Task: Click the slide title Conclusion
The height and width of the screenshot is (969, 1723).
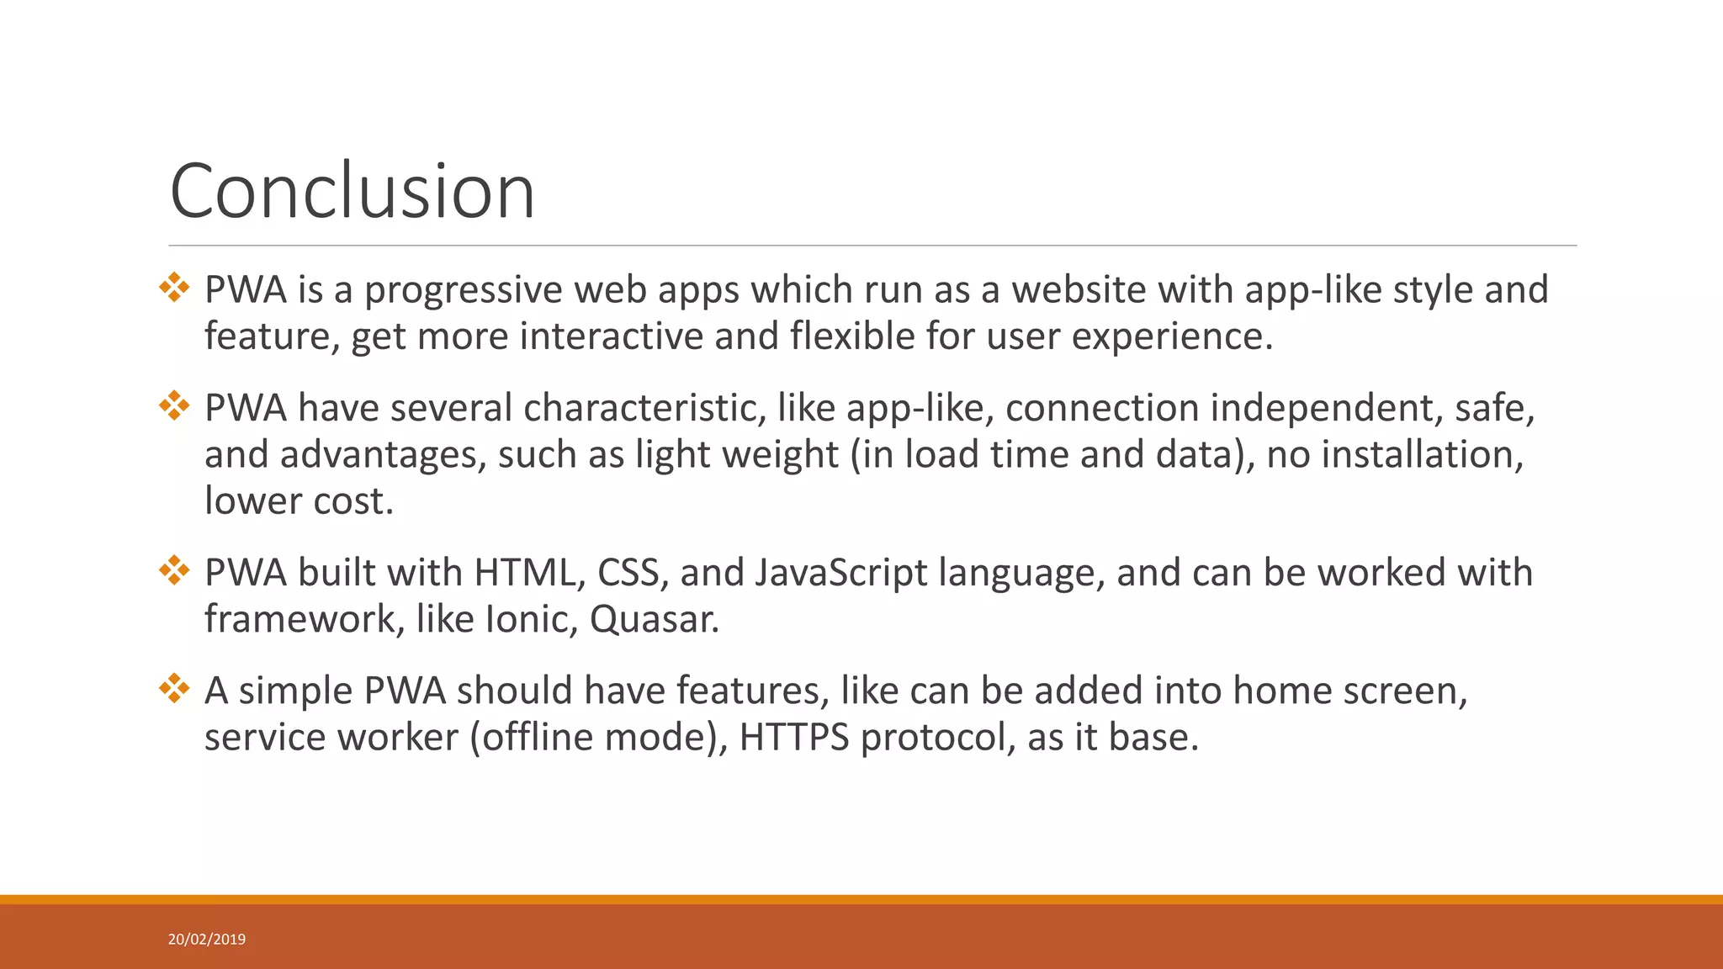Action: click(352, 192)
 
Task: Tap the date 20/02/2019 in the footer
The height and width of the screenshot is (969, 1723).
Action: click(207, 940)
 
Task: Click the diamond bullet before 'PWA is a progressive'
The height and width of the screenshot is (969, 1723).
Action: click(174, 287)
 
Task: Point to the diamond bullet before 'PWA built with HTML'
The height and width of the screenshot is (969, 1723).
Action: click(174, 569)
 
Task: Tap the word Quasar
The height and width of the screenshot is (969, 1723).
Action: click(654, 620)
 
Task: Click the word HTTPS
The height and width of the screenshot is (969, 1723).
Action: click(794, 738)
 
